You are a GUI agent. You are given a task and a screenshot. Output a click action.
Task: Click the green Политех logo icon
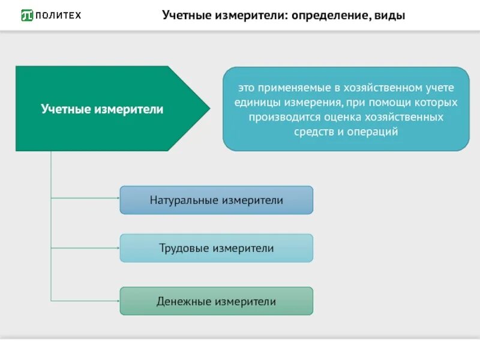click(28, 15)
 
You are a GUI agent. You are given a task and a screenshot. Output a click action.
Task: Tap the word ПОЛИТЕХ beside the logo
click(58, 15)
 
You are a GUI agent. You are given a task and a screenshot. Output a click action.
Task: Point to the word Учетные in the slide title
click(185, 15)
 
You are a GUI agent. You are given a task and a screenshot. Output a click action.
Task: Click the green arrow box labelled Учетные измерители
click(102, 109)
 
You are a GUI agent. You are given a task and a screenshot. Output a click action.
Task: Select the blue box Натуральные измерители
click(216, 200)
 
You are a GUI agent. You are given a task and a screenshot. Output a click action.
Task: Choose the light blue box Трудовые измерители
click(216, 248)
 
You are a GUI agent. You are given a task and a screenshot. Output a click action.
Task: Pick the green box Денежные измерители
click(216, 301)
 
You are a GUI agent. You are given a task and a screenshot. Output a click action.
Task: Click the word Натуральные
click(184, 200)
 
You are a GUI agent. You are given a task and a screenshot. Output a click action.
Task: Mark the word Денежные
click(182, 301)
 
